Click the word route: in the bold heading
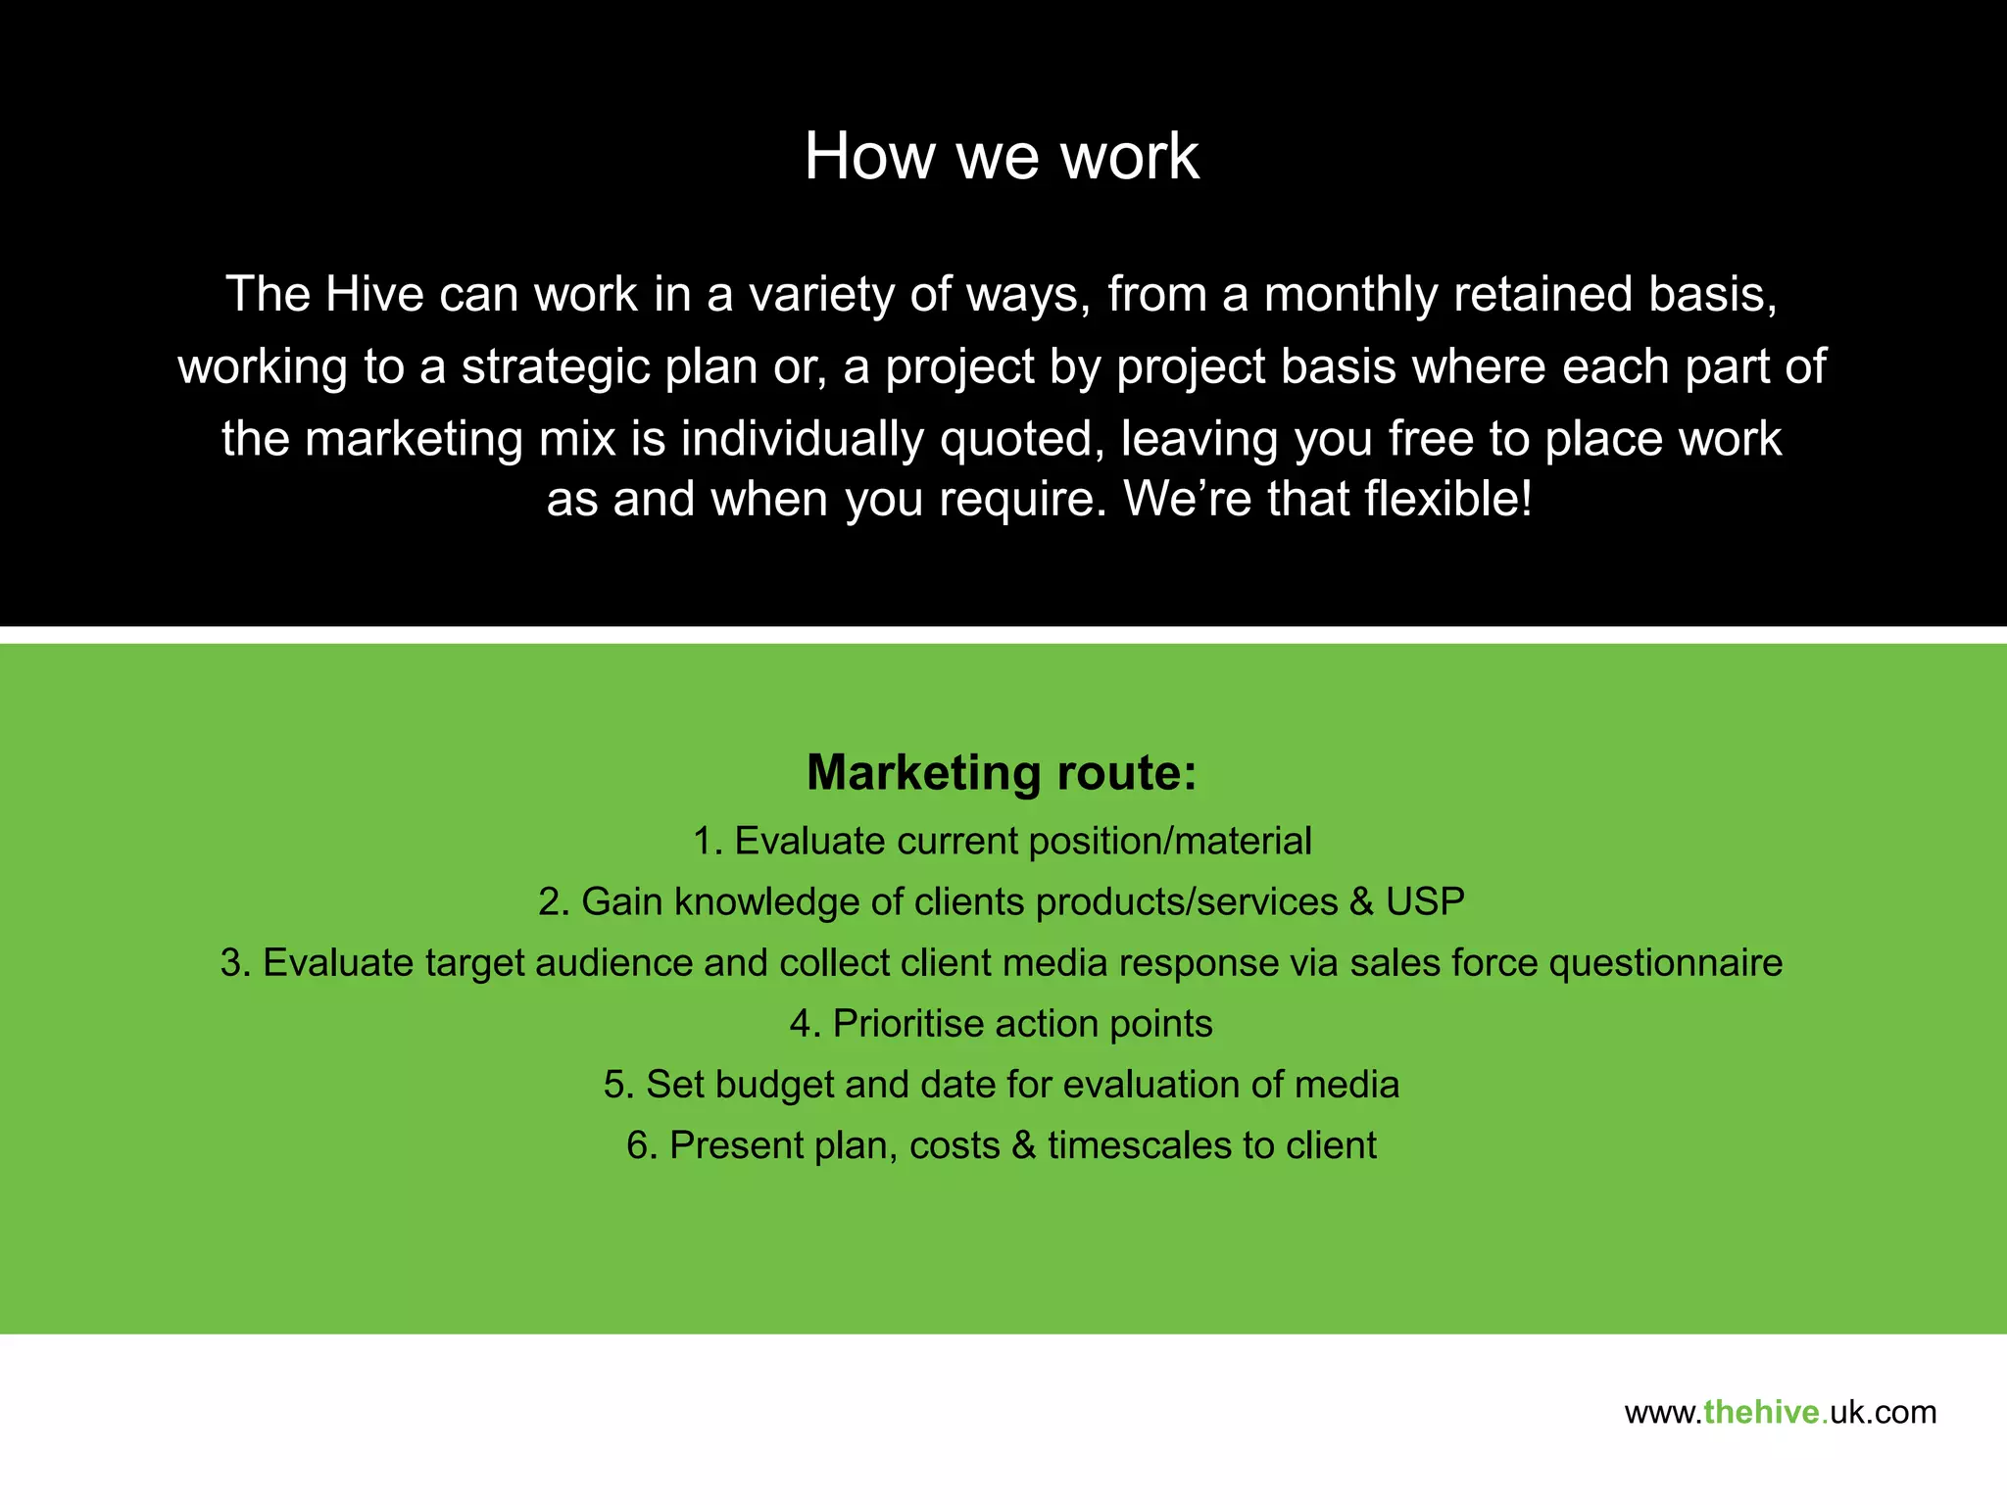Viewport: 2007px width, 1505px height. pyautogui.click(x=1127, y=773)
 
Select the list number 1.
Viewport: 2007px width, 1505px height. pyautogui.click(x=706, y=842)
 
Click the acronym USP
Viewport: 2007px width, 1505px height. pyautogui.click(x=1425, y=902)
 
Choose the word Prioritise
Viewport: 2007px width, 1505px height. pyautogui.click(x=907, y=1024)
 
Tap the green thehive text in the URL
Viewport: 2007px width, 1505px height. pyautogui.click(x=1762, y=1413)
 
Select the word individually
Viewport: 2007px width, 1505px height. pyautogui.click(x=803, y=439)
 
